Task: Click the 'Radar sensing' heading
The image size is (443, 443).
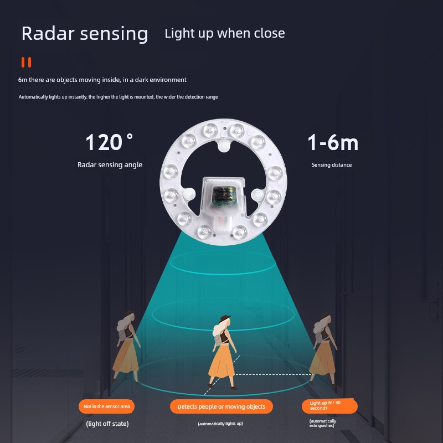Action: tap(85, 34)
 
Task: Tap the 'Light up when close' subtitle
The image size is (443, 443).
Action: tap(225, 33)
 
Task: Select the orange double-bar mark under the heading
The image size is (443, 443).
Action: tap(26, 62)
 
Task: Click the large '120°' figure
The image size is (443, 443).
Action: tap(109, 142)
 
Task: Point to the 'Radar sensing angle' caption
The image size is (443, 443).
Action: tap(110, 164)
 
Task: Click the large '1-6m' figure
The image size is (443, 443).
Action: tap(333, 142)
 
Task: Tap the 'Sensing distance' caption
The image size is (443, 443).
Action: tap(332, 164)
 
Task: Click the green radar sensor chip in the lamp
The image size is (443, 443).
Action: tap(224, 195)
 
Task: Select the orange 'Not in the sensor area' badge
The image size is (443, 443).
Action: tap(106, 406)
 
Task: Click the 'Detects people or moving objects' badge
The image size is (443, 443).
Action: tap(221, 406)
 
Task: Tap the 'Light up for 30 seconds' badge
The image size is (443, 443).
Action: tap(329, 406)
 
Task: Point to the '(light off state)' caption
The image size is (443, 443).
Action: tap(107, 424)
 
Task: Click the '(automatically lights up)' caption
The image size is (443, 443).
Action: tap(220, 424)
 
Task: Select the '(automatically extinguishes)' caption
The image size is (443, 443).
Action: tap(323, 423)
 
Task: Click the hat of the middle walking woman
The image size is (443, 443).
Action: tap(225, 318)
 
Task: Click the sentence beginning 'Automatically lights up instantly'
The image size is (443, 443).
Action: tap(119, 97)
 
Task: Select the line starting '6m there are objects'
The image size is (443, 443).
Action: tap(102, 80)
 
